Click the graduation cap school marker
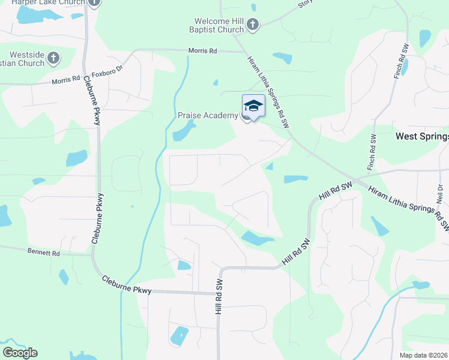[253, 106]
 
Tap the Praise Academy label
[208, 115]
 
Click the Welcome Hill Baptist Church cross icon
[253, 25]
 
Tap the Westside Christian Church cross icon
[53, 58]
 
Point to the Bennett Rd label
[44, 253]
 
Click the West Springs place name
[422, 137]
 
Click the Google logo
[20, 353]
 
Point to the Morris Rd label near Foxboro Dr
[66, 80]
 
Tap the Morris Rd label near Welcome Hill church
[202, 51]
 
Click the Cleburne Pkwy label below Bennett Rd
[126, 285]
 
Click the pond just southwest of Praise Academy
[184, 130]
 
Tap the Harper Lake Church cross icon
[94, 2]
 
